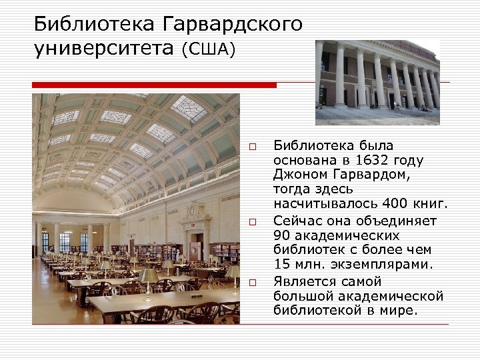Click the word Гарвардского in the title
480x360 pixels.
(x=233, y=24)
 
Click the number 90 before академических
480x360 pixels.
(x=282, y=235)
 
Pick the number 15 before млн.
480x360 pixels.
(x=282, y=265)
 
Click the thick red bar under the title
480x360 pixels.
(x=154, y=85)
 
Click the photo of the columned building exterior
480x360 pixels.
(x=377, y=82)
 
